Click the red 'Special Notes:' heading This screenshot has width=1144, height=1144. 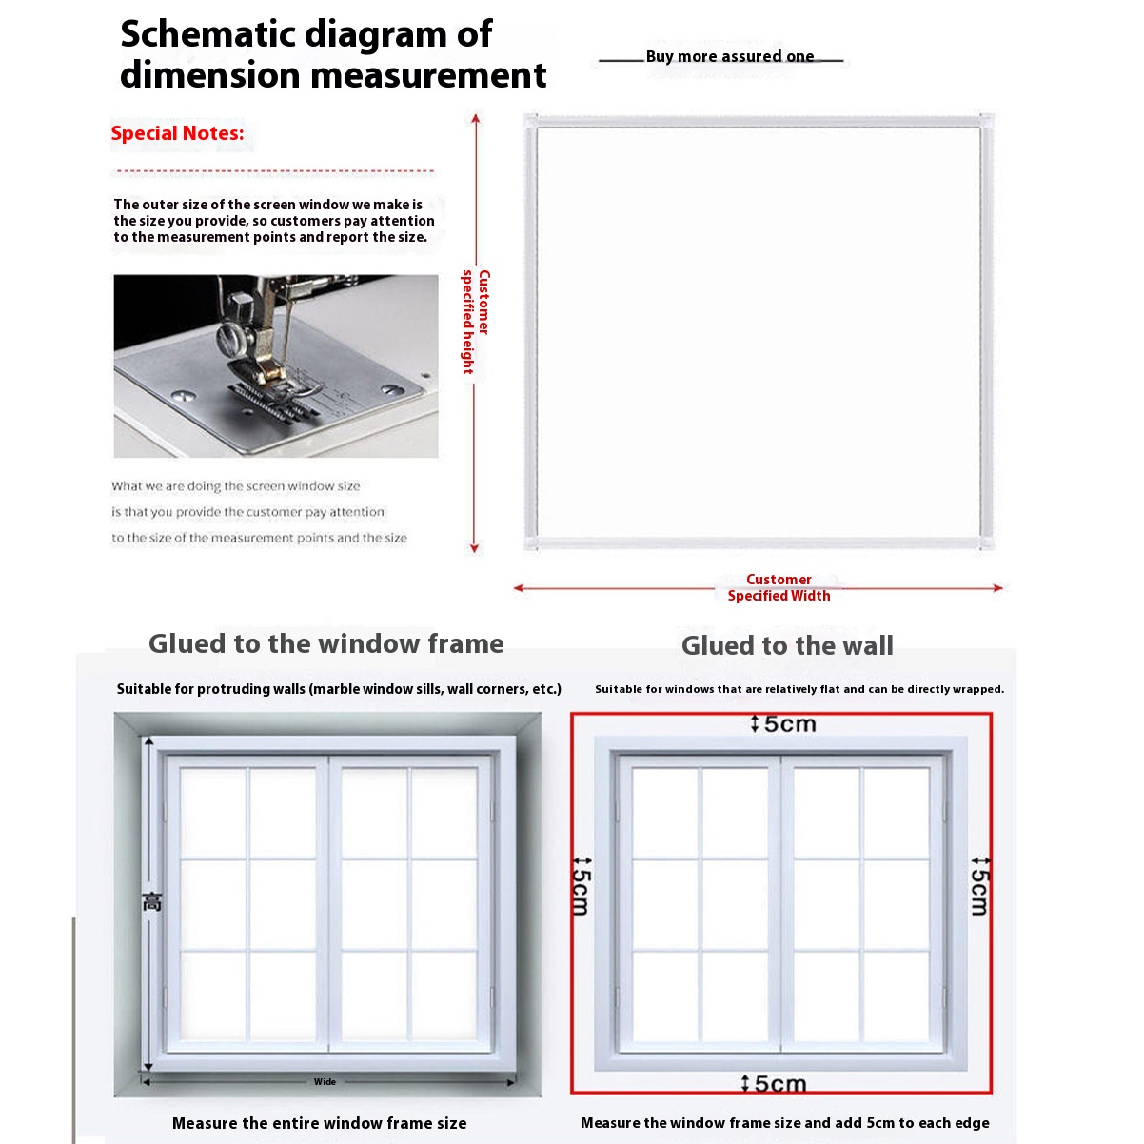(x=177, y=133)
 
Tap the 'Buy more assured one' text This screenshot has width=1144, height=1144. (x=730, y=56)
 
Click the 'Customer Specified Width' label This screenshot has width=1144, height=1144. (x=779, y=587)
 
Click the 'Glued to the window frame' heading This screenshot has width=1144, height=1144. (x=326, y=644)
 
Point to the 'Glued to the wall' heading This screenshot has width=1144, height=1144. (x=787, y=646)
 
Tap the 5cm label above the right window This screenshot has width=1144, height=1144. (x=783, y=724)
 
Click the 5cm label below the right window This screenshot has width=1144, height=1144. (x=774, y=1083)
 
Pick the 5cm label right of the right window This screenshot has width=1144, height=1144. (x=979, y=886)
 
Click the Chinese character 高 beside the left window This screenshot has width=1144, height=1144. (x=152, y=901)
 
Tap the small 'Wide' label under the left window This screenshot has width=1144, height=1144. (x=325, y=1081)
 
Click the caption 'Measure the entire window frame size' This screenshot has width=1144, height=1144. (x=319, y=1123)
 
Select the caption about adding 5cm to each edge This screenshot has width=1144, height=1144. (x=784, y=1123)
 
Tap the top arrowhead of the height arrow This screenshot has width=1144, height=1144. (x=475, y=118)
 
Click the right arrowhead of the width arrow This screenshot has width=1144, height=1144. (x=998, y=588)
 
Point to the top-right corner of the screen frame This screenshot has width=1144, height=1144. (x=986, y=121)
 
